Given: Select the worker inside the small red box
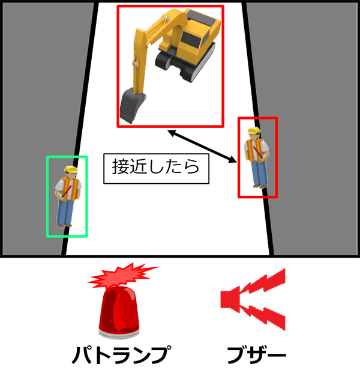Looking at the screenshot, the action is [257, 158].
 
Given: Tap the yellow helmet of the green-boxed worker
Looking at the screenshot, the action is [71, 169].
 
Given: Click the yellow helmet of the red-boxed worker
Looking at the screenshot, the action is [254, 130].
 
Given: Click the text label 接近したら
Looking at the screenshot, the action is [156, 167].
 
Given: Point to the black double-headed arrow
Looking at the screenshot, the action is [202, 146].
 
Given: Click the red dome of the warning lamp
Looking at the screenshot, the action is [119, 309].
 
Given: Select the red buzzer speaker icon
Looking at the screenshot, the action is [253, 299].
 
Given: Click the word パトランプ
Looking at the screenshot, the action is [122, 355].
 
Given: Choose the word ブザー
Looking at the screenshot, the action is [256, 355].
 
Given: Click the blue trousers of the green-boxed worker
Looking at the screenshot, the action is [65, 211].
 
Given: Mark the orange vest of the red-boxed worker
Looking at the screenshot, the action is [254, 150].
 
